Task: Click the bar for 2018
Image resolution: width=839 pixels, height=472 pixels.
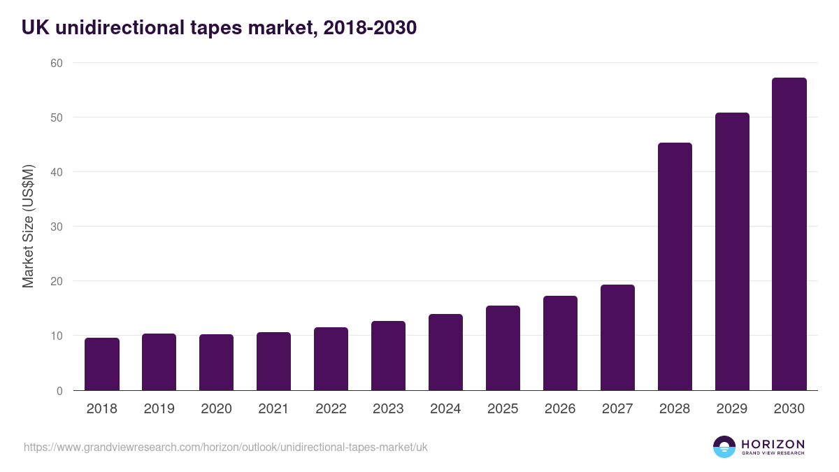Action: [x=102, y=364]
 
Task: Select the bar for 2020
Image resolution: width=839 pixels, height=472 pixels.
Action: [x=217, y=362]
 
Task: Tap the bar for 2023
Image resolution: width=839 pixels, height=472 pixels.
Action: [x=388, y=356]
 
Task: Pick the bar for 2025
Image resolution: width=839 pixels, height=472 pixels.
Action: [x=503, y=348]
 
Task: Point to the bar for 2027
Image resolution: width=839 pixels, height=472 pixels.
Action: [x=617, y=338]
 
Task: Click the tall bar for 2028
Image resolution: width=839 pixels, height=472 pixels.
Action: [x=675, y=266]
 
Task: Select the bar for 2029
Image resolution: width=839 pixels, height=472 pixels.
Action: [x=732, y=252]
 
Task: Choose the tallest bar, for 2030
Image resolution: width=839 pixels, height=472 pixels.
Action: [x=789, y=234]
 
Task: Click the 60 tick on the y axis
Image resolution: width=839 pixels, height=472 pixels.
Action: [x=56, y=63]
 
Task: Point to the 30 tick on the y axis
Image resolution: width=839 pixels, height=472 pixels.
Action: [x=56, y=227]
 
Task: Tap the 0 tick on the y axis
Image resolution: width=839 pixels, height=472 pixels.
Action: [x=59, y=391]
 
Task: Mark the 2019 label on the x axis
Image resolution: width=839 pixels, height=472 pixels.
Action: [x=159, y=409]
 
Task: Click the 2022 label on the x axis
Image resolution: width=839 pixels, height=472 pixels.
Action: [x=331, y=409]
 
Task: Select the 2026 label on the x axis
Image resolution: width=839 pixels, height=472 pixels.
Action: [x=560, y=409]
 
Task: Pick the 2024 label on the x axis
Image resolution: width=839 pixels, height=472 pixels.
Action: [x=445, y=409]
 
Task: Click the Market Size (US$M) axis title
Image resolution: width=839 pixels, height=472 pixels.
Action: [x=28, y=227]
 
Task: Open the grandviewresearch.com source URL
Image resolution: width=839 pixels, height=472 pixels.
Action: [x=225, y=447]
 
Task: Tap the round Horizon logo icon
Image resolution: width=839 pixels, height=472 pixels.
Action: [x=724, y=447]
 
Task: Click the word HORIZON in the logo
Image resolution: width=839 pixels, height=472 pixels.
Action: [x=773, y=444]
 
